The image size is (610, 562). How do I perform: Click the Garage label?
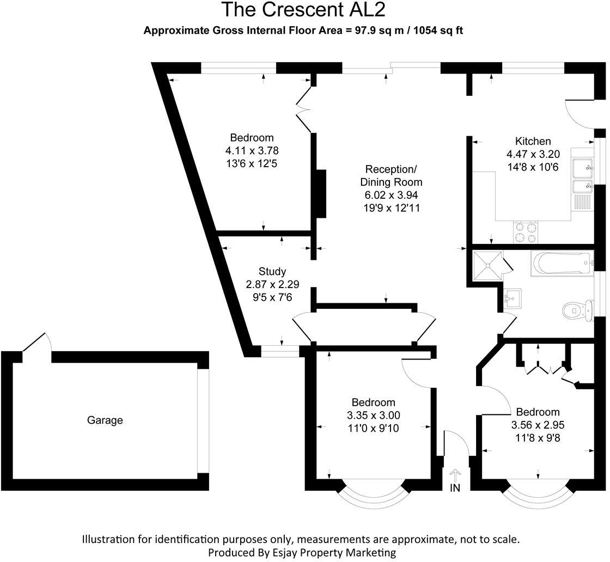click(x=105, y=420)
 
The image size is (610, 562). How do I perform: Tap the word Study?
click(x=272, y=271)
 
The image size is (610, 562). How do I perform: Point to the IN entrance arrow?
click(x=455, y=476)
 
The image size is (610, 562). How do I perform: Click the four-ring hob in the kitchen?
click(x=526, y=232)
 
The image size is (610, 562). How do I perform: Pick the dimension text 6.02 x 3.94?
click(x=391, y=195)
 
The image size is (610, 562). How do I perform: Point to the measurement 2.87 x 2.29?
click(x=272, y=284)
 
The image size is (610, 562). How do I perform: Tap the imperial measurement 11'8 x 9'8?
click(x=538, y=437)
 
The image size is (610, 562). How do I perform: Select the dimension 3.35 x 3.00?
click(x=373, y=416)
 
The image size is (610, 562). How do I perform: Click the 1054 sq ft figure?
click(x=438, y=31)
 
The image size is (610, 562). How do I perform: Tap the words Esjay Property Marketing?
click(x=333, y=552)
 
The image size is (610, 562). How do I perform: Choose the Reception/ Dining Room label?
click(x=391, y=175)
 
